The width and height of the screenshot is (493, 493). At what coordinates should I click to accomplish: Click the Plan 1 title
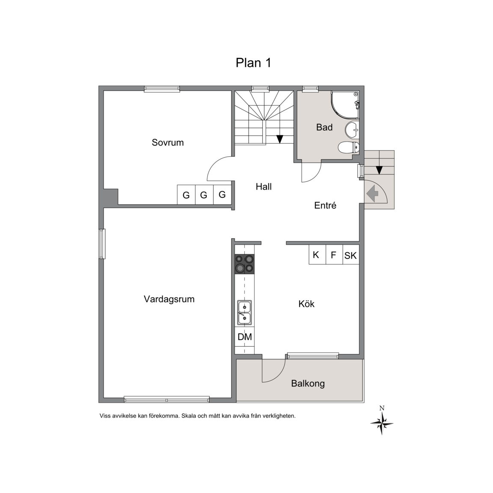coord(253,63)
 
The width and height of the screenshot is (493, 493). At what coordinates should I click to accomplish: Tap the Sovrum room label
coord(168,143)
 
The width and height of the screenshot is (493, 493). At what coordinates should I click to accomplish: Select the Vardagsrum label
coord(169,299)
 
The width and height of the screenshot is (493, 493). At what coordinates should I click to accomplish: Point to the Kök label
coord(306,304)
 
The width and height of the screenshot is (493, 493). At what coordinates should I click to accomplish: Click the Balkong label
coord(308,383)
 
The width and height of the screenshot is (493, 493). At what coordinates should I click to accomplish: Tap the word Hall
coord(264,187)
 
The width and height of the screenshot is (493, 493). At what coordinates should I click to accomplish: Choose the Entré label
coord(325,205)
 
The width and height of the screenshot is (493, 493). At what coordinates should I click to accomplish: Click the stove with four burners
coord(245,264)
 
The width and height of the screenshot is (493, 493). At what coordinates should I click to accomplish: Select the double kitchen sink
coord(244,312)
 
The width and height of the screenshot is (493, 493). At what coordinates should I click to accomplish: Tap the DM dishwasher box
coord(245,337)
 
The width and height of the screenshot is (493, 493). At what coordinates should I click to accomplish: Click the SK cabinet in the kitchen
coord(350,255)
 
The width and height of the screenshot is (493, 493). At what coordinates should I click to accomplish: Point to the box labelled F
coord(334,255)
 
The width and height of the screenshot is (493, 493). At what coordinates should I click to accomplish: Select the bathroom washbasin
coord(352,130)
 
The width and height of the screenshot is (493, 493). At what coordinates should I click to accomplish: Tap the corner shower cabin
coord(345,105)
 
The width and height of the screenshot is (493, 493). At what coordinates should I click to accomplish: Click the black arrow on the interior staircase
coord(279,139)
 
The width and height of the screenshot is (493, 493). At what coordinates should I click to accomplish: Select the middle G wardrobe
coord(204,195)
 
